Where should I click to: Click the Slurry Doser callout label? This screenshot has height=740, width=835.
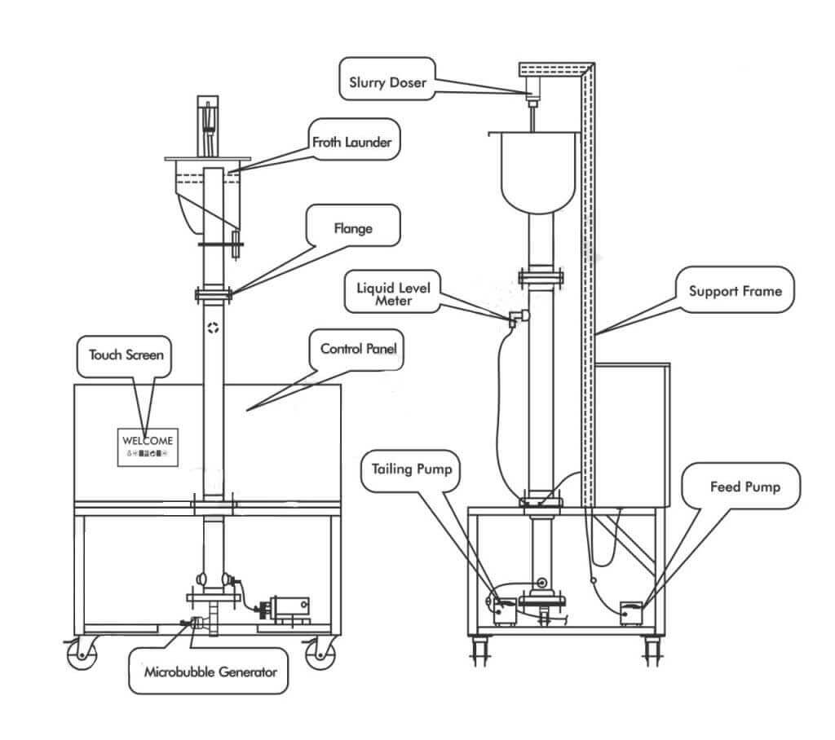click(387, 82)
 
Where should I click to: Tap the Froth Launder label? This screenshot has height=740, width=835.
click(351, 142)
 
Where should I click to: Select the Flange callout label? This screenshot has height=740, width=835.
click(352, 229)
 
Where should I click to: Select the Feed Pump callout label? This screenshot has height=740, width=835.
click(744, 487)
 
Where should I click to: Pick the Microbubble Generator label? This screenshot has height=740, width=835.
click(210, 672)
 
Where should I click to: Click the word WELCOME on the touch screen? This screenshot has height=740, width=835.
click(148, 440)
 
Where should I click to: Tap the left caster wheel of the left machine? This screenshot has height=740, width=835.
click(82, 654)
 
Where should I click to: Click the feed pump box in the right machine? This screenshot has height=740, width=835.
click(632, 611)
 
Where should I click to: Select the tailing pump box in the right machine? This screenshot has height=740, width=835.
click(503, 610)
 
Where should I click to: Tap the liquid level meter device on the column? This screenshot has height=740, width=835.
click(516, 318)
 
